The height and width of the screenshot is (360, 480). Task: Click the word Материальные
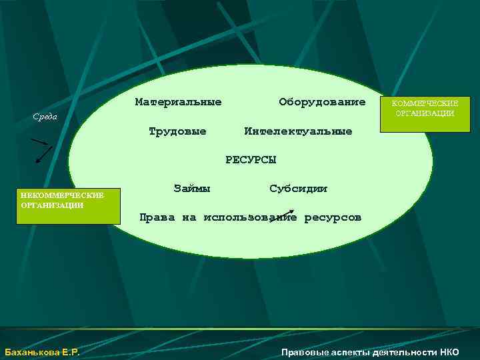click(178, 102)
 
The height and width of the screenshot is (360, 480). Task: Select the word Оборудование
click(322, 102)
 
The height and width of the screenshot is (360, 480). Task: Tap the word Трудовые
click(177, 131)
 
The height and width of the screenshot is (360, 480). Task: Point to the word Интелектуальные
click(298, 131)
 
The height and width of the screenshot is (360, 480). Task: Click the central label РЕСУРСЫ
click(250, 159)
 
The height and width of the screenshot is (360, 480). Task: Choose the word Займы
click(192, 188)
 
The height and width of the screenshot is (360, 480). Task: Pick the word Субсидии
click(299, 188)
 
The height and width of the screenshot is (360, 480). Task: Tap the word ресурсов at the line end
click(333, 217)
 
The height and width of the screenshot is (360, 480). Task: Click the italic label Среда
click(45, 117)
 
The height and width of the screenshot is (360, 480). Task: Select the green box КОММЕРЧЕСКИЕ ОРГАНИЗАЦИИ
click(425, 108)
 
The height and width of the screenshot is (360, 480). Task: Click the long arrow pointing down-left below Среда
click(43, 155)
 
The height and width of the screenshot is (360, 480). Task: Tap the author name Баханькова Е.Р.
click(42, 352)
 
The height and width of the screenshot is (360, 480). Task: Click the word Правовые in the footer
click(303, 352)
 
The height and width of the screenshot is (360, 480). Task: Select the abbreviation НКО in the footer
click(449, 352)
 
